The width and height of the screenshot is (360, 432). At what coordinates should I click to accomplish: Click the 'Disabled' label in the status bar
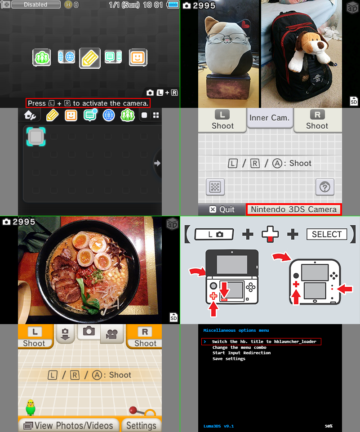(36, 4)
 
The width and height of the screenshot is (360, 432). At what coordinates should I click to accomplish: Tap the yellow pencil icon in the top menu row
(90, 58)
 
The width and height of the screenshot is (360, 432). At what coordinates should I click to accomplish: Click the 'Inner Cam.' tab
(270, 118)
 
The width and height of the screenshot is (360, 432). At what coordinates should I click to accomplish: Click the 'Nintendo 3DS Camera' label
(293, 209)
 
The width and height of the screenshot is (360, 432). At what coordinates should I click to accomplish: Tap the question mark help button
(325, 187)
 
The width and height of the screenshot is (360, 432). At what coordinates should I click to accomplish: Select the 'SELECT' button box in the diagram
(327, 234)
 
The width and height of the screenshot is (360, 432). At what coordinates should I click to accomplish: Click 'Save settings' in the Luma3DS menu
(229, 359)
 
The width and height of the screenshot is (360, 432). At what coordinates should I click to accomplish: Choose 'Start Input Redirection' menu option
(241, 353)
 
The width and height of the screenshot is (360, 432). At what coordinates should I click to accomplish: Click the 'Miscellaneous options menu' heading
(236, 330)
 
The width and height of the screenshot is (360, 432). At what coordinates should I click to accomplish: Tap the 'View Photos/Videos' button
(69, 425)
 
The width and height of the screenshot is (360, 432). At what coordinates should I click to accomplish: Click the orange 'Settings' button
(141, 425)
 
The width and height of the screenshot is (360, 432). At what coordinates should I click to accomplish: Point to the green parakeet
(31, 407)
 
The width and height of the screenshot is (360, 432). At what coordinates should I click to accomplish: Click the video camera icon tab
(111, 334)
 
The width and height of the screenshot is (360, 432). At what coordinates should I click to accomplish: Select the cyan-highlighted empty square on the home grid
(36, 136)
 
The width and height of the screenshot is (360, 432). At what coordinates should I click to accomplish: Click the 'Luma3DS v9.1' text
(218, 426)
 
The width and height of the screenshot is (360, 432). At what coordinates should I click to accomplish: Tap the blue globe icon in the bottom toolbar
(109, 116)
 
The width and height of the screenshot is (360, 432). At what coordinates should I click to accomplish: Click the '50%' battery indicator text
(329, 426)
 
